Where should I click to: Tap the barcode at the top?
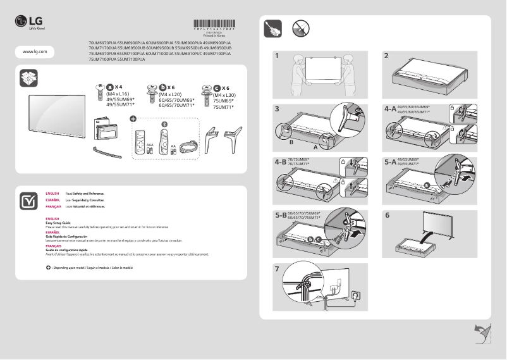pos(214,26)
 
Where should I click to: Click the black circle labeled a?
pos(109,88)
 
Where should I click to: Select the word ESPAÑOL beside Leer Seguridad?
pos(52,199)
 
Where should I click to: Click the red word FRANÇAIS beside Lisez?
pos(53,207)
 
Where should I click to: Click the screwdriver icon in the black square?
pos(272,29)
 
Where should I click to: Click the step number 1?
pos(277,56)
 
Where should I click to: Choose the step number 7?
pos(277,268)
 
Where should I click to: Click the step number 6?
pos(387,215)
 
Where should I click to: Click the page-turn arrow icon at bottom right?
pos(482,333)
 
